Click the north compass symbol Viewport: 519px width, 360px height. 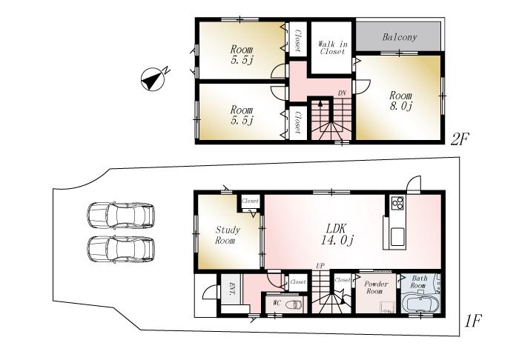(153, 79)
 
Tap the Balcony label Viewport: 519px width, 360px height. (400, 36)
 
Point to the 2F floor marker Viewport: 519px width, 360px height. (462, 139)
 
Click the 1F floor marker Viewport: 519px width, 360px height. (473, 321)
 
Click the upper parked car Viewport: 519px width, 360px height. (121, 216)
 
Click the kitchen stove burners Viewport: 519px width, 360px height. (395, 203)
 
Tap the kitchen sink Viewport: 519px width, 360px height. (395, 238)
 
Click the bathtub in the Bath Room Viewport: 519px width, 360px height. (420, 304)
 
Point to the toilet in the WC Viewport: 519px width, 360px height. (294, 304)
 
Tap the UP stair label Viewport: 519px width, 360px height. (320, 265)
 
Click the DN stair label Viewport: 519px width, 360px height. (342, 93)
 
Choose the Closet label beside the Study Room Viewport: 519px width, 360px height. (249, 201)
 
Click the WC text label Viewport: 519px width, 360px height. (276, 304)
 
